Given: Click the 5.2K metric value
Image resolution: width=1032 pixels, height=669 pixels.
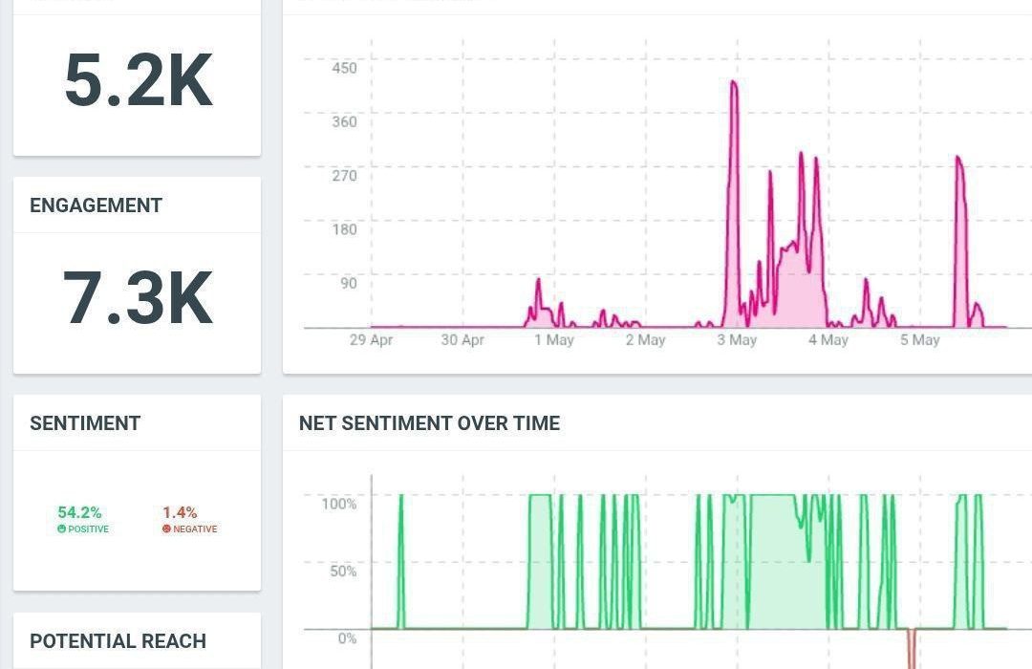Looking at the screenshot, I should [x=138, y=80].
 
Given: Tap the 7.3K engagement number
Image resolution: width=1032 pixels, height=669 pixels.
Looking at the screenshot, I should [x=138, y=298].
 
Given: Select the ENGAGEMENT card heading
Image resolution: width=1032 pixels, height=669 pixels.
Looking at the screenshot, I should [x=96, y=205].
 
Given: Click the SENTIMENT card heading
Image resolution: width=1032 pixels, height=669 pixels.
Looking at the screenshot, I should [x=85, y=423].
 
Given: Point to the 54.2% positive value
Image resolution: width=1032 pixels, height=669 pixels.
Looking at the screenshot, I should [x=79, y=513].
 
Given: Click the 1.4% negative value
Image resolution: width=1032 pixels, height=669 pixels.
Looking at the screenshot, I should [x=180, y=513].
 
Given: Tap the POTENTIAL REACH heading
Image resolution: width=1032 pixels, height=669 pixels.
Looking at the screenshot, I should [x=118, y=641].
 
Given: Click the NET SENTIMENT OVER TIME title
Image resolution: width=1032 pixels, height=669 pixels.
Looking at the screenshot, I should [x=429, y=423].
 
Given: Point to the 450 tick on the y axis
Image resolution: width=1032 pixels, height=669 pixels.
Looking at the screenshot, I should [x=344, y=68].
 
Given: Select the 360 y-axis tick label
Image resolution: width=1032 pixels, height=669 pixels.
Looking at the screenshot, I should [x=344, y=121].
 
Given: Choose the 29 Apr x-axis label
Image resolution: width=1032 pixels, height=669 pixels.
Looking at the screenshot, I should [x=371, y=340].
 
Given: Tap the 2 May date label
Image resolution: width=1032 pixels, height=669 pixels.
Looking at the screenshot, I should [x=645, y=340].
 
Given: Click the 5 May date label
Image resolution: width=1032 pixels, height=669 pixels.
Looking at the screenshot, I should [x=919, y=340].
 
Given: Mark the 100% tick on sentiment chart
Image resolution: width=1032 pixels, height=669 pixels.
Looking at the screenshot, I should [x=338, y=504].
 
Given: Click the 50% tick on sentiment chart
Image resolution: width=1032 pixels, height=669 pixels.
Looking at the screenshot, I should [x=341, y=571].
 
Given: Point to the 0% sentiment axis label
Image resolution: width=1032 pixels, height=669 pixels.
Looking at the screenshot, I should [x=346, y=637].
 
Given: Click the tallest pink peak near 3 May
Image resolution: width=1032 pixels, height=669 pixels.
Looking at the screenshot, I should [x=733, y=83].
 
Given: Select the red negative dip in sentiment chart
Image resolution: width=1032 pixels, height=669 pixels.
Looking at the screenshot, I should [x=912, y=650].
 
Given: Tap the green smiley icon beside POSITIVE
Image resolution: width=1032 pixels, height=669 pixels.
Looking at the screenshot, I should [x=62, y=529].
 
